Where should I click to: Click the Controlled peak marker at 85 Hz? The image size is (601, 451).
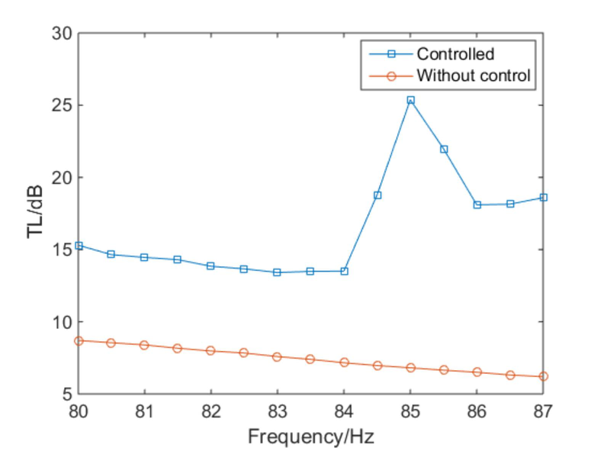pos(410,100)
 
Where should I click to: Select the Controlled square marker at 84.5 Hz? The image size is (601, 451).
pos(378,195)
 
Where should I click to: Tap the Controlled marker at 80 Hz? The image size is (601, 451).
pos(79,246)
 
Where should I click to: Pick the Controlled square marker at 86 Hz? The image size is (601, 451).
pos(477,205)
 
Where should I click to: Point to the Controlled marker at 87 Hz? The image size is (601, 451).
pos(543,197)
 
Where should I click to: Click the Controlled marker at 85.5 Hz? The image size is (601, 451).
pos(444,150)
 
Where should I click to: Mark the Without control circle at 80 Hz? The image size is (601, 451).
pos(79,340)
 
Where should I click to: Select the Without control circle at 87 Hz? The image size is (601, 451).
pos(543,376)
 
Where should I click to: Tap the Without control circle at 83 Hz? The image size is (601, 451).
pos(278,356)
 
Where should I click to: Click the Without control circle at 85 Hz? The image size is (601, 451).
pos(410,367)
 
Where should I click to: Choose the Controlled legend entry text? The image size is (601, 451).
pos(455,54)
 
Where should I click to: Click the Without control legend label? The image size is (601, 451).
pos(472,76)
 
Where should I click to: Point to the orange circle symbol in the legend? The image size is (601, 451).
pos(391,76)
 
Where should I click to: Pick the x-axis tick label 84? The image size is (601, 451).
pos(344,411)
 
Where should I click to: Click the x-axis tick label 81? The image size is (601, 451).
pos(145,411)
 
